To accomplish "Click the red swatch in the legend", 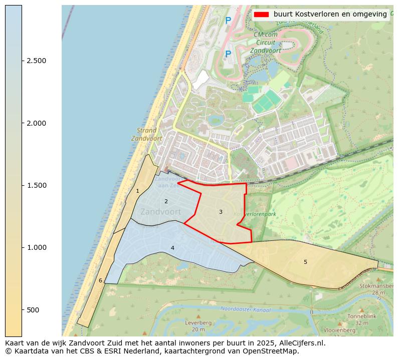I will click(x=262, y=14).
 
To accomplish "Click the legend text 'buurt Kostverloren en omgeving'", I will click(x=330, y=14).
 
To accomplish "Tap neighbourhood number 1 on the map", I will click(x=137, y=191).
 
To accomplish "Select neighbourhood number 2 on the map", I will click(x=166, y=201).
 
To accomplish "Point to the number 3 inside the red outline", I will click(x=221, y=212).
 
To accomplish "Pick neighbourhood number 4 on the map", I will click(x=172, y=248).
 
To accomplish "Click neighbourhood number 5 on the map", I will click(x=305, y=262).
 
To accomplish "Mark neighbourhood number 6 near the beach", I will click(x=100, y=280).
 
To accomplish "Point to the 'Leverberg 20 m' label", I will click(x=198, y=326).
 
